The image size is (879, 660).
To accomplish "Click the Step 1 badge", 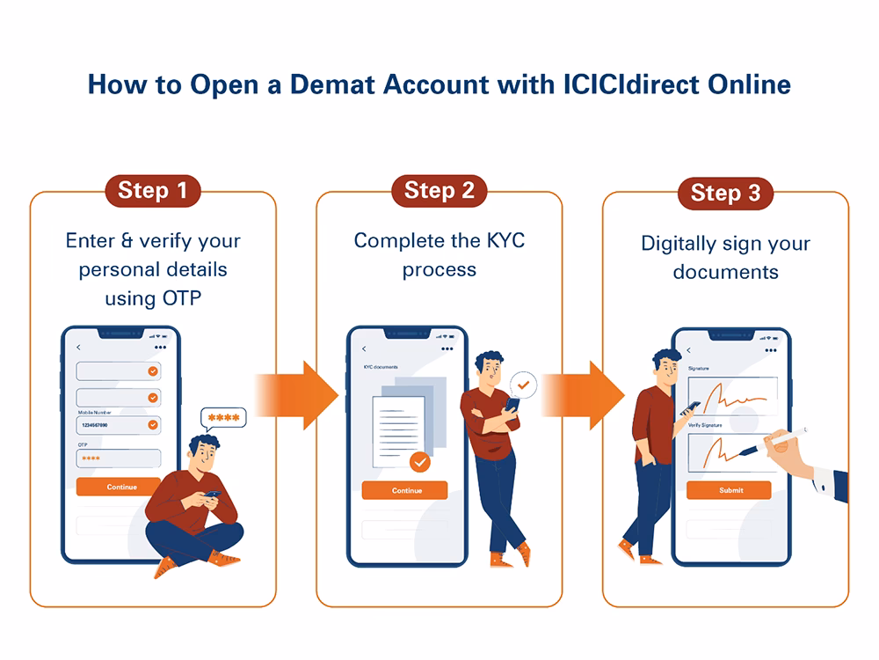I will (x=153, y=190).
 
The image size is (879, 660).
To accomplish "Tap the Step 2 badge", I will (x=439, y=190).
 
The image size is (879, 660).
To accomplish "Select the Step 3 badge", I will (x=725, y=193).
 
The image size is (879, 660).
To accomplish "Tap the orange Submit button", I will (x=730, y=490).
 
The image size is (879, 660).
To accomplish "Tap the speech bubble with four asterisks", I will (x=223, y=417).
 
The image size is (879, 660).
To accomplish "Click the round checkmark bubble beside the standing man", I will (x=523, y=385).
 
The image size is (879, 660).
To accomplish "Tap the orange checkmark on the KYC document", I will (x=420, y=460).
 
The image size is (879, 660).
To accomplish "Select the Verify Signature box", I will (x=732, y=451).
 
